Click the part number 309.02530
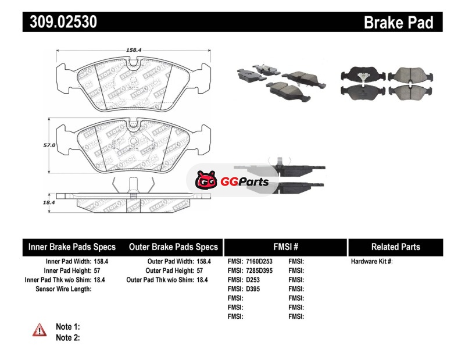(x=60, y=22)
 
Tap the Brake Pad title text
(x=398, y=22)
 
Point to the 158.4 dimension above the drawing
(x=134, y=50)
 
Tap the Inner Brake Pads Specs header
(x=72, y=247)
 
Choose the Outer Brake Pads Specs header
(x=173, y=247)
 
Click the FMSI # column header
(x=286, y=247)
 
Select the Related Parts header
(x=395, y=247)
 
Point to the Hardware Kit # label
(x=371, y=262)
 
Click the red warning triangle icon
(x=40, y=330)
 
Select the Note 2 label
(x=67, y=337)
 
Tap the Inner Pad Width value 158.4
(x=102, y=262)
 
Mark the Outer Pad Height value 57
(x=199, y=271)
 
